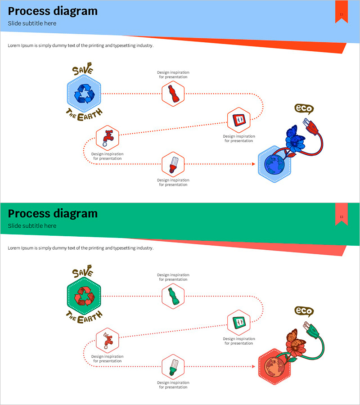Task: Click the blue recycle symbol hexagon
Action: click(x=84, y=94)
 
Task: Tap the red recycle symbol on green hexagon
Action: click(x=84, y=296)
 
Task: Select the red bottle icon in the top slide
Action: click(x=173, y=94)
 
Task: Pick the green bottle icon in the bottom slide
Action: click(x=173, y=296)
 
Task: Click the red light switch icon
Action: click(x=238, y=120)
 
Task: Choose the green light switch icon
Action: click(x=238, y=322)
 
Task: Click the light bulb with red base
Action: click(x=173, y=164)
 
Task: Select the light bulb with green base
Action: click(x=173, y=366)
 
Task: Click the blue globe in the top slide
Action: click(x=274, y=165)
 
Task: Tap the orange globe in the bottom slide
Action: click(x=274, y=367)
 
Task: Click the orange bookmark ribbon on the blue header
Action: click(x=342, y=12)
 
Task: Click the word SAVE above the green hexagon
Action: click(x=82, y=273)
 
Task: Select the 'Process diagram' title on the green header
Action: click(x=53, y=213)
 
